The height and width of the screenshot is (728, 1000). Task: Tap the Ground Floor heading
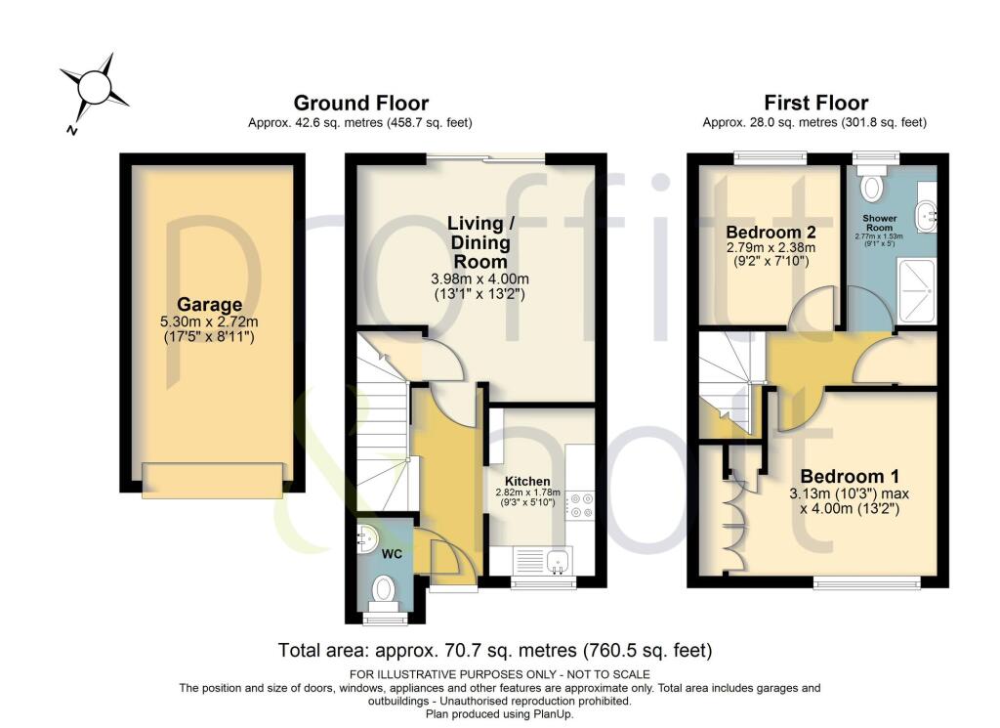(360, 103)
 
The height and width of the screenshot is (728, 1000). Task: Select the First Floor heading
(815, 103)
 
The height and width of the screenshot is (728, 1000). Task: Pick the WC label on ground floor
(392, 554)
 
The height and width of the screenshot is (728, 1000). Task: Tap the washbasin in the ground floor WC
(367, 536)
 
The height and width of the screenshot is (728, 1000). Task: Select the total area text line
(495, 650)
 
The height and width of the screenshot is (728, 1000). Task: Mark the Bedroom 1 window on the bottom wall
(866, 583)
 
